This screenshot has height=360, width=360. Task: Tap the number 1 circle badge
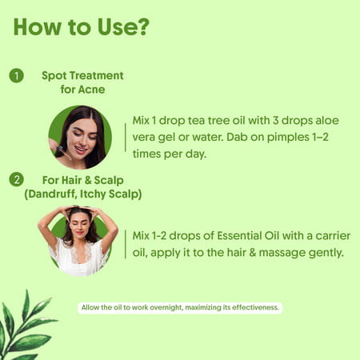pos(16,76)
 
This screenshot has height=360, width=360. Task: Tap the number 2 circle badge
pos(16,178)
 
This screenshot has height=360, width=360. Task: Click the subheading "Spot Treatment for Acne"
pos(83,82)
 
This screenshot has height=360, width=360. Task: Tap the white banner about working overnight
pos(180,307)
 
